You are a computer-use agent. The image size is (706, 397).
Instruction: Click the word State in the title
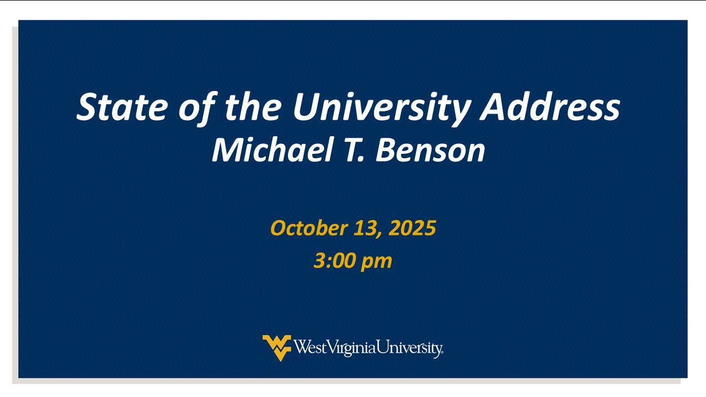point(122,106)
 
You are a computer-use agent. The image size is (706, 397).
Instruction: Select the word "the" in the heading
point(253,106)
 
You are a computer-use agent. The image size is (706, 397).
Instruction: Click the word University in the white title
point(382,109)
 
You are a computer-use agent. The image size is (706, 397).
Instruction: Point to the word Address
point(550,106)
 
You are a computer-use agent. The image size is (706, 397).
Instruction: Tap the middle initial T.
point(354,150)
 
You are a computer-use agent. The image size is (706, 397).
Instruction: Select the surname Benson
point(430,150)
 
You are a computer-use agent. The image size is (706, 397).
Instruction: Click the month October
point(309,228)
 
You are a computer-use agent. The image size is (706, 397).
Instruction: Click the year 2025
point(412,228)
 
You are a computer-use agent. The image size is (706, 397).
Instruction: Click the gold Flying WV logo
point(277,348)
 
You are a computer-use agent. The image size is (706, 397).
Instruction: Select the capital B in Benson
point(386,150)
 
